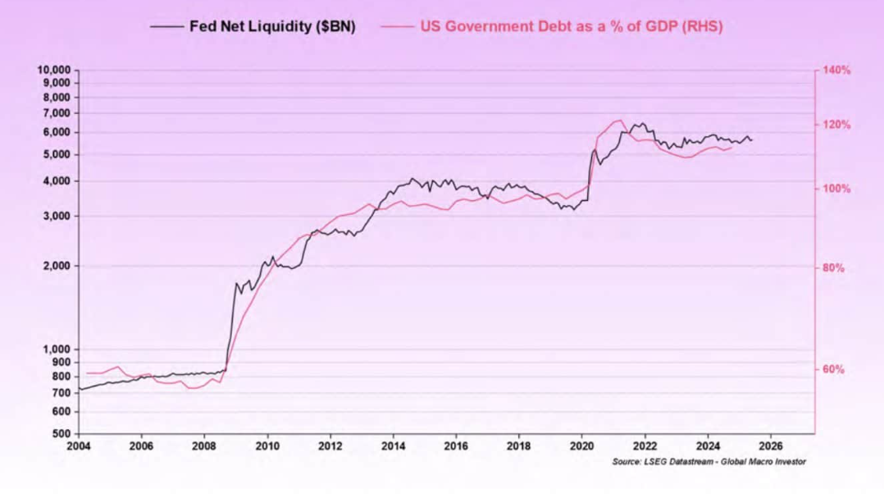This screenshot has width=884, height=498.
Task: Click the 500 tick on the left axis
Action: [x=65, y=433]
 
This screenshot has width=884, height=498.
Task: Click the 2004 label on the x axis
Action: [x=79, y=446]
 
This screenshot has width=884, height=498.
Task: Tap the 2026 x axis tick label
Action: [x=770, y=446]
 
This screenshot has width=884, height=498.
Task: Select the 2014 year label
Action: [x=394, y=446]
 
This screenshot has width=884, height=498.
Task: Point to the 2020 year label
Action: [x=581, y=446]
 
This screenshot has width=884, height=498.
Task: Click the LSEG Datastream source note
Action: [x=709, y=462]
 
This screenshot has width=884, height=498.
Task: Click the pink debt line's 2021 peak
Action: [x=620, y=121]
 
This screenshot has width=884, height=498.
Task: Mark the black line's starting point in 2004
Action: [x=79, y=389]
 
